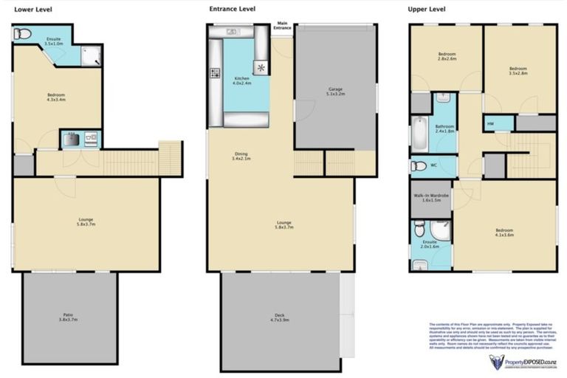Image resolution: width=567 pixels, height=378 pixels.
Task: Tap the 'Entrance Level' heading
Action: click(x=232, y=10)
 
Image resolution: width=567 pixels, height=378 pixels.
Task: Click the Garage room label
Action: click(x=336, y=92)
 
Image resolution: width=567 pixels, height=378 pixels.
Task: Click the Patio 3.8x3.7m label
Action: click(x=69, y=318)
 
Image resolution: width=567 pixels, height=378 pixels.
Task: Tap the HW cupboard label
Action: click(x=490, y=124)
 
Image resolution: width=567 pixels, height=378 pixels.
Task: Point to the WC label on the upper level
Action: click(x=433, y=165)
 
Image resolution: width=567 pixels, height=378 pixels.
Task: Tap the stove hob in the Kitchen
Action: click(x=216, y=73)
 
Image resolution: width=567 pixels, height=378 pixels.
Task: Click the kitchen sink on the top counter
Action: click(x=232, y=31)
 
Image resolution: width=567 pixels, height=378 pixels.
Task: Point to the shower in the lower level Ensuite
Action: click(x=91, y=55)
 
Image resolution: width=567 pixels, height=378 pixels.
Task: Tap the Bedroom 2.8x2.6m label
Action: click(x=447, y=57)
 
